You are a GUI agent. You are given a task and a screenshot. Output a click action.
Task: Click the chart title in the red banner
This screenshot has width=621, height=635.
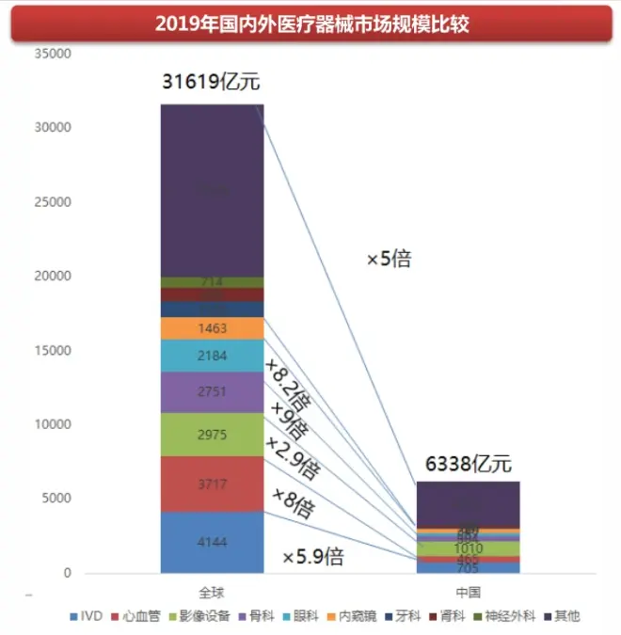click(310, 23)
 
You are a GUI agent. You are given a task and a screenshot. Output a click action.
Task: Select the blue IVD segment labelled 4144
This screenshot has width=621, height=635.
click(212, 542)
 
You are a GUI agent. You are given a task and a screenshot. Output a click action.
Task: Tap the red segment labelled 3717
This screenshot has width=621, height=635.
click(212, 484)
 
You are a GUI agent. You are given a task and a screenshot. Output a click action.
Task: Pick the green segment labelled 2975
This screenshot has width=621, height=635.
click(212, 434)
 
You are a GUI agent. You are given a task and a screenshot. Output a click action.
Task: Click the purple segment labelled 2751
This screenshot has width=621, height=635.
click(212, 391)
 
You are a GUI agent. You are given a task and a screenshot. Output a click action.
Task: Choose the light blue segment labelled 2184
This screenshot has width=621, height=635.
click(212, 356)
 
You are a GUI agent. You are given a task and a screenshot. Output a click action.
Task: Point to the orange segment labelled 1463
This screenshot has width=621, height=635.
click(212, 328)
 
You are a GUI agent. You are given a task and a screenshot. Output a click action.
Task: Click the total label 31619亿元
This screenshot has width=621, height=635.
click(211, 83)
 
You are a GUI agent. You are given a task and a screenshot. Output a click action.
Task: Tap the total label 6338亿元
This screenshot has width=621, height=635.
click(467, 464)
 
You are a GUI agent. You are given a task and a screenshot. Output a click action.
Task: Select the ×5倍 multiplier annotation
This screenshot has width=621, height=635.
click(389, 259)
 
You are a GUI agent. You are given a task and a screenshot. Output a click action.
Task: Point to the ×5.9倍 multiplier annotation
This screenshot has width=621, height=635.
click(313, 558)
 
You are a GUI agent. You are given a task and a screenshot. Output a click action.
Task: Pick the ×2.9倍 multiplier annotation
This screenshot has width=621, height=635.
click(292, 456)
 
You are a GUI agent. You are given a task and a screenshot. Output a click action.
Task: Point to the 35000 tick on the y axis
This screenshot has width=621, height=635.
click(53, 54)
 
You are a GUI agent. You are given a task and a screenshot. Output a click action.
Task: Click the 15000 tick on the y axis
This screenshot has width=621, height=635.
click(53, 351)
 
